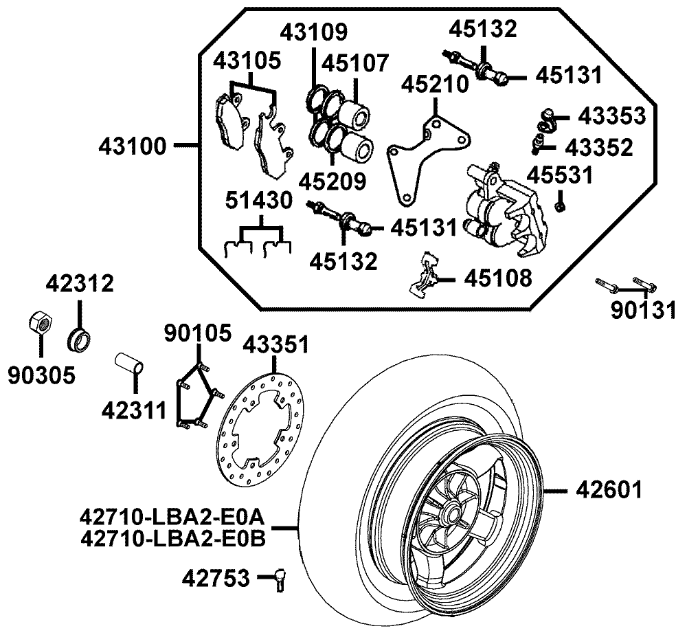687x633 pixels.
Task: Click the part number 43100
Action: [x=133, y=146]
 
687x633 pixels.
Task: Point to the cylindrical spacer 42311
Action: [x=129, y=364]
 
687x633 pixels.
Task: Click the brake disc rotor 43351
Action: [x=261, y=430]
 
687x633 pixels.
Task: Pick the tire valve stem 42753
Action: [x=280, y=579]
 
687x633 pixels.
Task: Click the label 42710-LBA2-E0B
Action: [x=173, y=539]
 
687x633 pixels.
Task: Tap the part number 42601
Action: [x=609, y=489]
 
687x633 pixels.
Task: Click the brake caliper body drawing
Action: [x=504, y=209]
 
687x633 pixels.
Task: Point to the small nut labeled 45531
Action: [x=559, y=206]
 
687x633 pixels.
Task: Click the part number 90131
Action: [x=643, y=311]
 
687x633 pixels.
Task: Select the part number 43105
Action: [x=247, y=61]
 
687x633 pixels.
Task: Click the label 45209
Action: [x=333, y=181]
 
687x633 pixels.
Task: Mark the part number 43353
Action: [x=611, y=115]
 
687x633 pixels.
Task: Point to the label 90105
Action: [x=198, y=333]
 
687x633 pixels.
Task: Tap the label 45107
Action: [x=355, y=63]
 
